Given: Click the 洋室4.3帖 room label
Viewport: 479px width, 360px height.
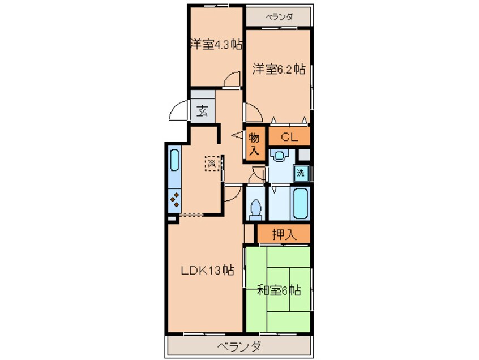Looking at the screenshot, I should [215, 45].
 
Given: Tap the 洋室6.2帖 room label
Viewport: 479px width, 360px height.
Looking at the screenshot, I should [279, 70].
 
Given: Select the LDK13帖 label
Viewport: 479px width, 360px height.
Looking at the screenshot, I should [207, 270].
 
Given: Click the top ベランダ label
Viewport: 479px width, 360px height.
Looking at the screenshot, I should [279, 16].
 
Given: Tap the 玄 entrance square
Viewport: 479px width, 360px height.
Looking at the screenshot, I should [202, 110].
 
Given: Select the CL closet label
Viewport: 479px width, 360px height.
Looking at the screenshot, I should [289, 137].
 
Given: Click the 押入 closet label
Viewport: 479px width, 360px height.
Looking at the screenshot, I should [284, 234].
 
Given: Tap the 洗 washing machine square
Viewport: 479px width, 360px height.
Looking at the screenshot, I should [301, 173].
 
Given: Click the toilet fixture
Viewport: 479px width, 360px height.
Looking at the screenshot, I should [255, 208].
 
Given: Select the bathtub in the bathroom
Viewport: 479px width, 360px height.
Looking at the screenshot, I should [300, 204].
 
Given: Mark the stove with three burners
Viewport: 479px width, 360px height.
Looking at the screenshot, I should [174, 200].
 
